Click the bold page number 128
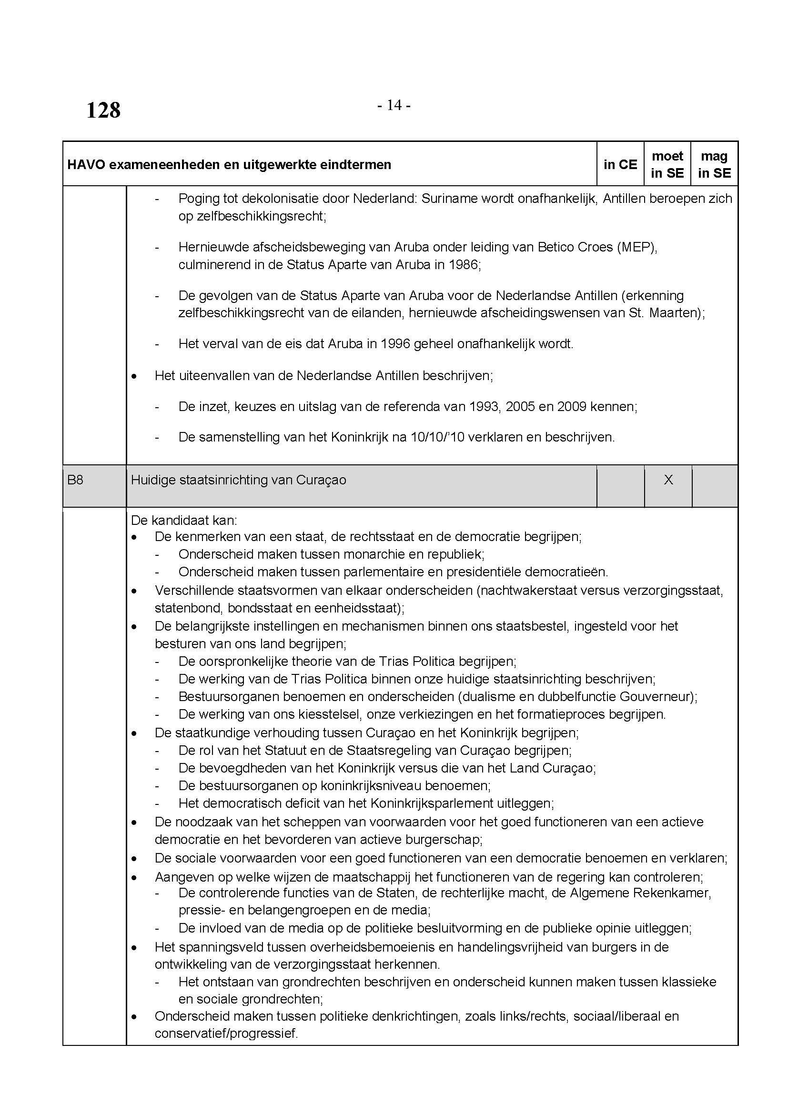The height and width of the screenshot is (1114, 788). coord(103,110)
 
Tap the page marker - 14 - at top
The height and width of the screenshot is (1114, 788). coord(394,105)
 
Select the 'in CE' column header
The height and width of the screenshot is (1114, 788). coord(620,164)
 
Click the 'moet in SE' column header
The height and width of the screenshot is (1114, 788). coord(667,164)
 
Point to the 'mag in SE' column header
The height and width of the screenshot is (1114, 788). coord(714,164)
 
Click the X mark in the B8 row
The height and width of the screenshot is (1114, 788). coord(668,480)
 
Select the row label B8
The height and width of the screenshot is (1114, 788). coord(75,480)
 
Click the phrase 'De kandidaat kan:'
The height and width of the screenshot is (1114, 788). coord(184,521)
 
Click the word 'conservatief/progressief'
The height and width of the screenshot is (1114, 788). coord(226,1034)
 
